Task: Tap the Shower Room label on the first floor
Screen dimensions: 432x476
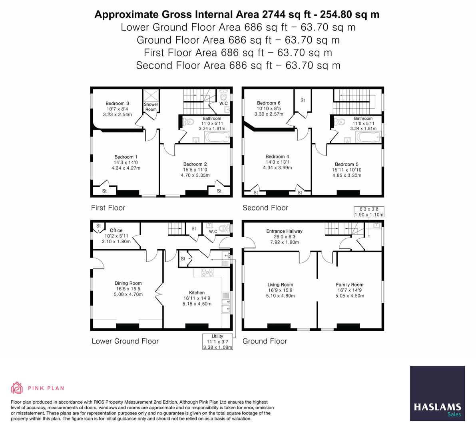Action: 151,107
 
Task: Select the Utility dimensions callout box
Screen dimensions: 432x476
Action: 217,342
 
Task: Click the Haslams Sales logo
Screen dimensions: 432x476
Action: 437,393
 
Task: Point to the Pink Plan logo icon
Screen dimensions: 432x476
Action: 17,388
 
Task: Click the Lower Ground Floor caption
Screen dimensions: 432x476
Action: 125,341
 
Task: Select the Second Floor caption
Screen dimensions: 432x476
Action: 265,208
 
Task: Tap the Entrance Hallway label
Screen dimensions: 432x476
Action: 284,231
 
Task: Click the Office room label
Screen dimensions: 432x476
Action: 116,230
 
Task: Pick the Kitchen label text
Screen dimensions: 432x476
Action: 197,293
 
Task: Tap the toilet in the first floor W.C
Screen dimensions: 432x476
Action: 223,96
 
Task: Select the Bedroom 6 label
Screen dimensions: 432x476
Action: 269,103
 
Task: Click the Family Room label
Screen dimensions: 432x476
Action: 349,285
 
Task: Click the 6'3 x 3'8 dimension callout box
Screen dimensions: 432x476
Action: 368,212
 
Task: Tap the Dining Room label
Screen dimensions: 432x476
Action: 128,283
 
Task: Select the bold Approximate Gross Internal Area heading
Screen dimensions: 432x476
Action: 237,14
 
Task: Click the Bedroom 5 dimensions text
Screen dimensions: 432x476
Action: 347,172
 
